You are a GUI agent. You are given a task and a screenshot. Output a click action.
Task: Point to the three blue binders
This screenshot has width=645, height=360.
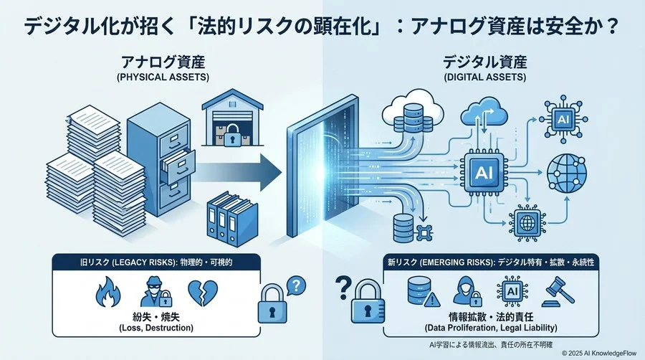tap(233, 219)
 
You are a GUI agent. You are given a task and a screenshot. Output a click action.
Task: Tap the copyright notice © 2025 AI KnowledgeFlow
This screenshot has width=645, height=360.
tap(601, 352)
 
